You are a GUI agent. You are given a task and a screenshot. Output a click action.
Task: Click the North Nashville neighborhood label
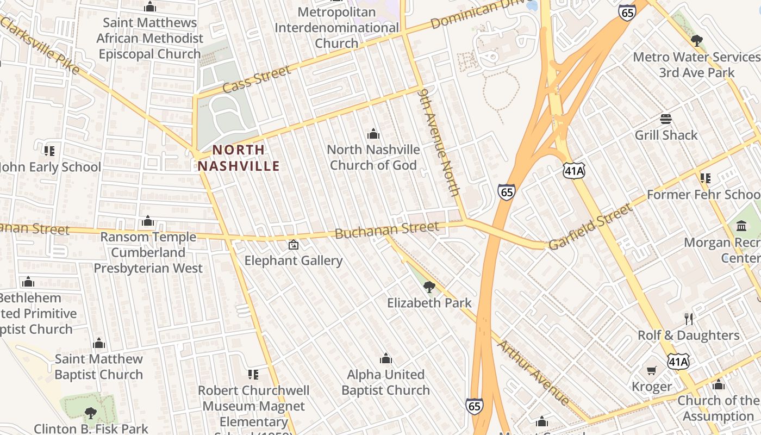[238, 158]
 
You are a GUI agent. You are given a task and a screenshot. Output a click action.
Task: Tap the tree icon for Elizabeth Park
[429, 287]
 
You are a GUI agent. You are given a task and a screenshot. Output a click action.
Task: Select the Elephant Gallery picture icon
[294, 245]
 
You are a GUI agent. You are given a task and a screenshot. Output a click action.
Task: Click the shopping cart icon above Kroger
[652, 371]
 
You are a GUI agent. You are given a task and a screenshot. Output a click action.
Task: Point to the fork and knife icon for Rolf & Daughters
[689, 319]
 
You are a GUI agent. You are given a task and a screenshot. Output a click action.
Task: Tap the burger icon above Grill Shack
[666, 119]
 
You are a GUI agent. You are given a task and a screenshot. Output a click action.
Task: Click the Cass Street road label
[257, 80]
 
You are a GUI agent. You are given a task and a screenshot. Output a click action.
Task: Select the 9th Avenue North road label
[439, 142]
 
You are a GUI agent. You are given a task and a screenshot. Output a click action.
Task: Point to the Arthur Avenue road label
[533, 372]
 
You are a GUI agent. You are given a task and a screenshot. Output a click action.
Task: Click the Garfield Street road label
[591, 227]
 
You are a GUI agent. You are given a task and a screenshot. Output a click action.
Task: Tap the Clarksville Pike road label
[41, 46]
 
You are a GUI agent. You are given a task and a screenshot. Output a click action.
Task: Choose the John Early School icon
[49, 151]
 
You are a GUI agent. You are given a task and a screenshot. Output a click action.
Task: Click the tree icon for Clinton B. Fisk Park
[90, 413]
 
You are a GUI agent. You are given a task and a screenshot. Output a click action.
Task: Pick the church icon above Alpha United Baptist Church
[386, 358]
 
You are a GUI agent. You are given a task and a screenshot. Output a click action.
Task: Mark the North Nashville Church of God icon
[373, 134]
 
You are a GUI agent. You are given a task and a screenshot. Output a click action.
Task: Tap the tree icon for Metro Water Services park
[696, 40]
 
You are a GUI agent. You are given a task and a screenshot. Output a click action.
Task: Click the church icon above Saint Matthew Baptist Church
[99, 343]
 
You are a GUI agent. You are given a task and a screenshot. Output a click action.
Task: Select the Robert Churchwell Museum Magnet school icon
[253, 374]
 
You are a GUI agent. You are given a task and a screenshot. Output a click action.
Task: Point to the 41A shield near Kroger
[678, 361]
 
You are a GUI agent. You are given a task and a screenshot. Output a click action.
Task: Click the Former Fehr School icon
[706, 178]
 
